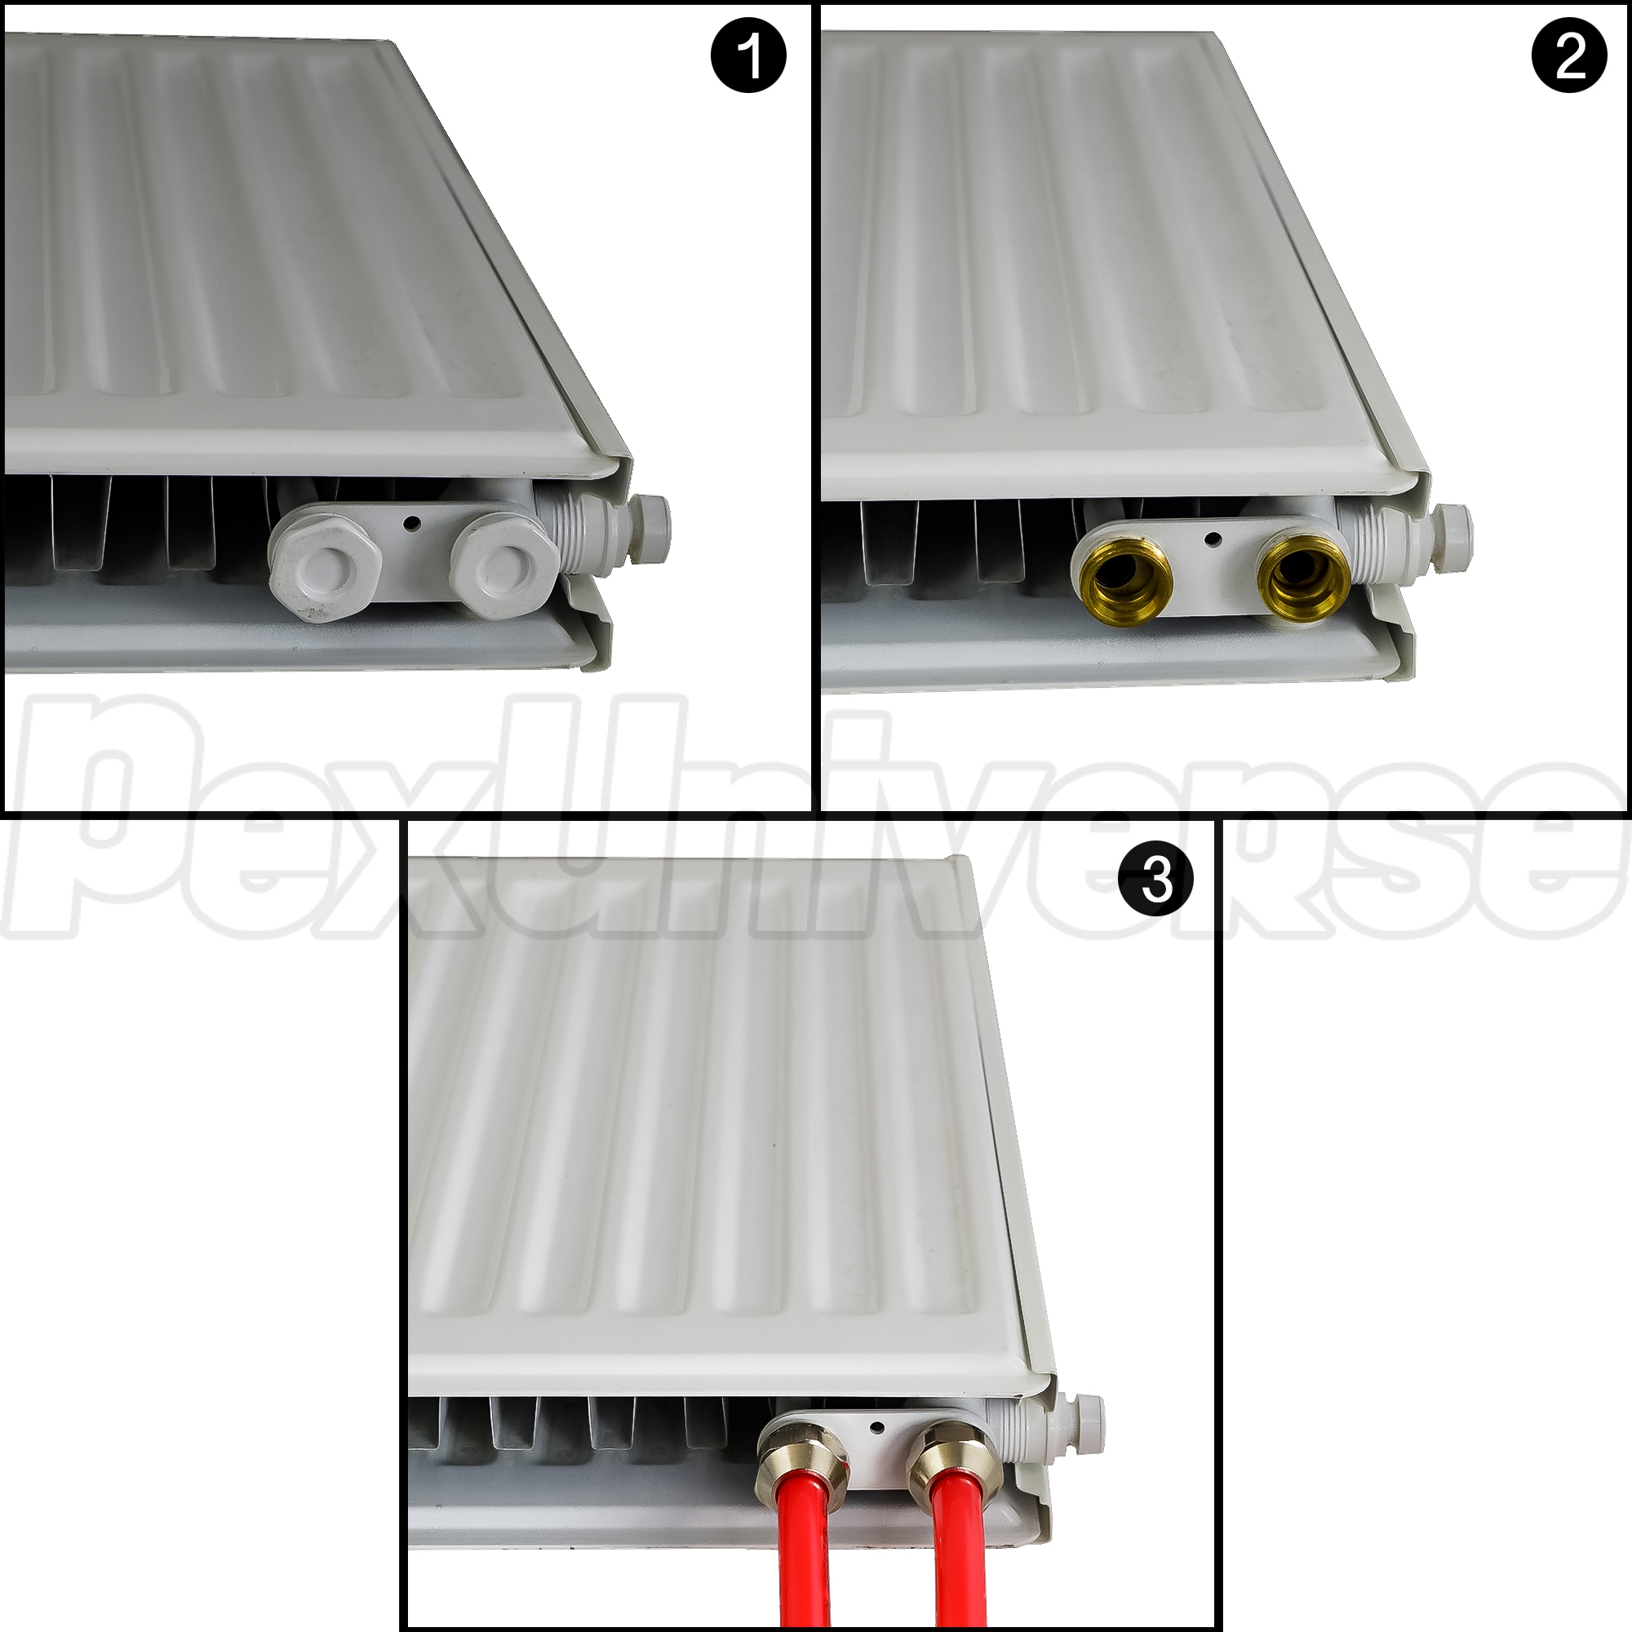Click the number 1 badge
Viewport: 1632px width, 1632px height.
point(748,56)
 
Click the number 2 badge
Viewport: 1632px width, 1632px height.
point(1568,56)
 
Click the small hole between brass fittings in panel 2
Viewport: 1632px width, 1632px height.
point(1215,538)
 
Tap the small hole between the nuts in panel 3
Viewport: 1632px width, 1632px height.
point(878,1426)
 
